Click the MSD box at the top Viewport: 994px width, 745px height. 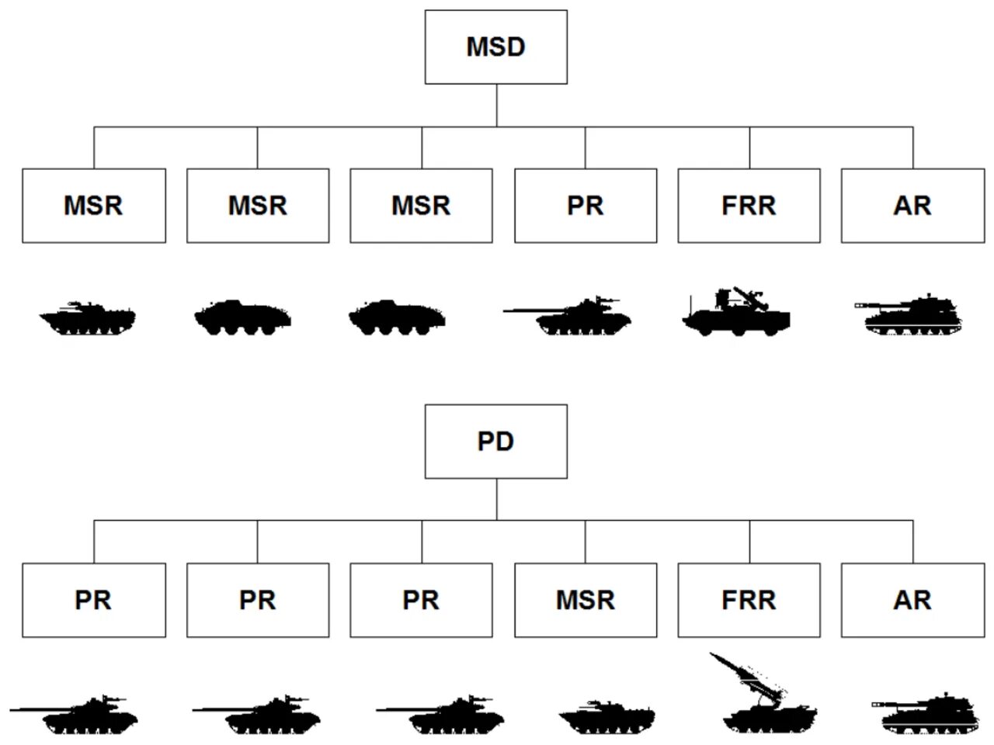point(495,47)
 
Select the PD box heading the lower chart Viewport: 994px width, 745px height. point(495,441)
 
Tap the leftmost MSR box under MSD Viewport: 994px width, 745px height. point(93,206)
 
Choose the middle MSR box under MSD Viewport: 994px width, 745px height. point(258,206)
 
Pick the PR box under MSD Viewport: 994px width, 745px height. point(586,206)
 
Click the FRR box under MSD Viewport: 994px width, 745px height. point(749,206)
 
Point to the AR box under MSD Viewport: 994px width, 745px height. point(912,206)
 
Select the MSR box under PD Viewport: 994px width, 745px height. point(586,600)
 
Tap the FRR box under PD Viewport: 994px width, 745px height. point(749,600)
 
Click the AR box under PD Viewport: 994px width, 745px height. point(912,600)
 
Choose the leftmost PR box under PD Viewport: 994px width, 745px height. point(93,600)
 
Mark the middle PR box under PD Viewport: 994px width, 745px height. point(258,600)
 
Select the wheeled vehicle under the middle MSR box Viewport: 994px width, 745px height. point(242,317)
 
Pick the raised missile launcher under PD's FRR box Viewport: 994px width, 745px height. point(765,698)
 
